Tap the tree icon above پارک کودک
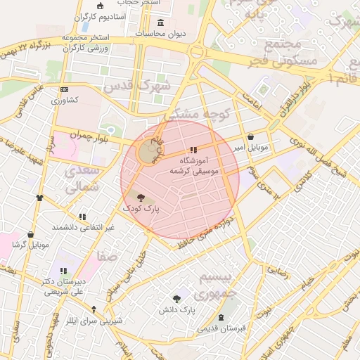click(141, 198)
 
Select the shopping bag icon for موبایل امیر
click(251, 137)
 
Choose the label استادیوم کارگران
click(101, 15)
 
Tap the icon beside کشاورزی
click(65, 90)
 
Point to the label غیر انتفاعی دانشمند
click(84, 228)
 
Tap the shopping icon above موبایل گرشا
click(31, 234)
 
